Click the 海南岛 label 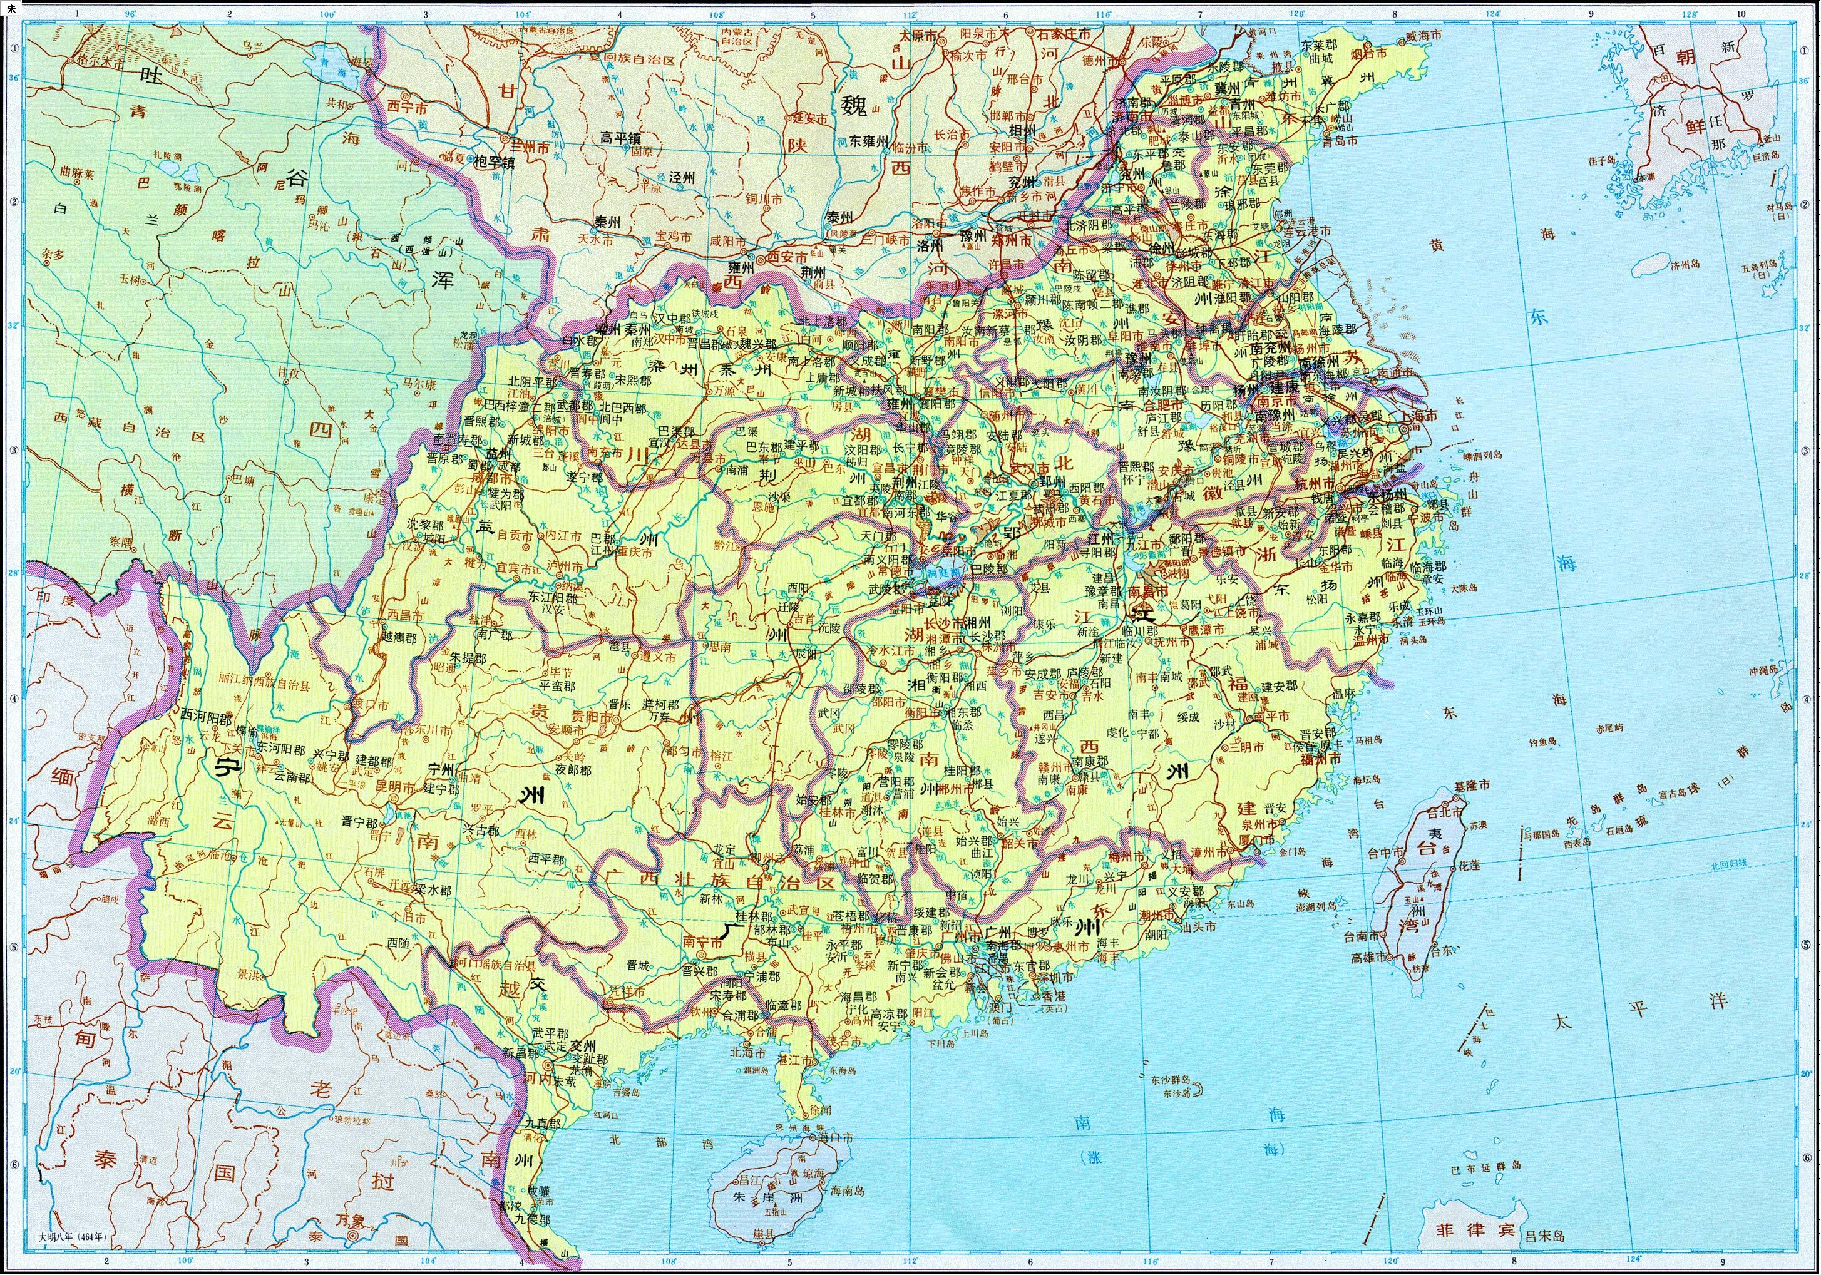point(849,1190)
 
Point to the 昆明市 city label point(395,788)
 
